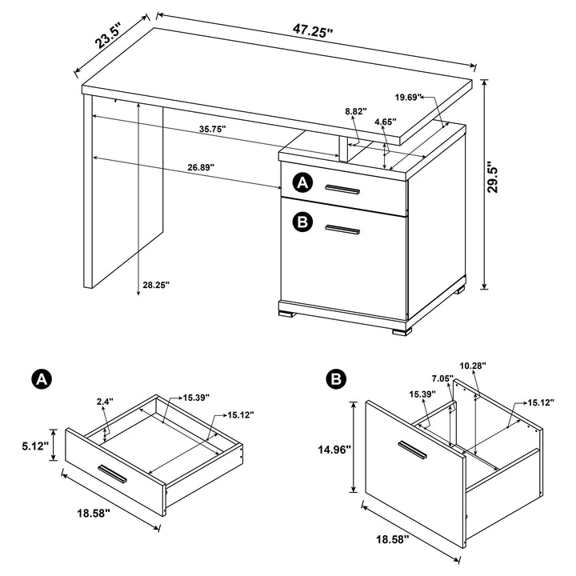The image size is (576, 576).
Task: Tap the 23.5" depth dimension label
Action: tap(109, 38)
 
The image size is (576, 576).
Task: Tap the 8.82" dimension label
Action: tap(355, 111)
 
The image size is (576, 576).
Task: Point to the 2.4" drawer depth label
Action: tap(105, 402)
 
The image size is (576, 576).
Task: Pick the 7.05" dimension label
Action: tap(442, 378)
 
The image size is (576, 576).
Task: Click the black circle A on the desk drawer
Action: tap(302, 183)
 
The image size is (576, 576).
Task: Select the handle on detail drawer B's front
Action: tap(414, 450)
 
